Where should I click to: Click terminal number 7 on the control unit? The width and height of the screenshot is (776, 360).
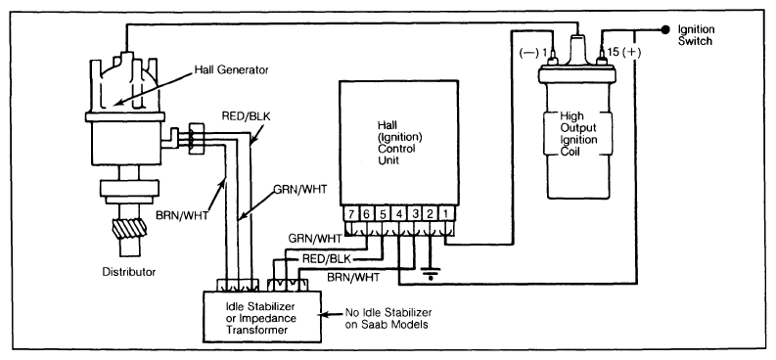coord(351,214)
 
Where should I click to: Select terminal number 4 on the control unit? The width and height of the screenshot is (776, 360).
coord(399,214)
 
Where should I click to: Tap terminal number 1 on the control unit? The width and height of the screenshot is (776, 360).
coord(446,214)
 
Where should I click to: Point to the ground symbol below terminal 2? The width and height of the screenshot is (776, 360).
coord(431,273)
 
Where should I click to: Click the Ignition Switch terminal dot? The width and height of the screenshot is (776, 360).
coord(666,29)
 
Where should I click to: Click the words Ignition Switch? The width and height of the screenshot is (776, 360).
coord(696,35)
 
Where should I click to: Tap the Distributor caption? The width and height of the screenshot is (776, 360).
coord(128,272)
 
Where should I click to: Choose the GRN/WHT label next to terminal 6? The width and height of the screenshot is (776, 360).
coord(315,239)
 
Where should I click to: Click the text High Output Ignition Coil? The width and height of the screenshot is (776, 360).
coord(578,134)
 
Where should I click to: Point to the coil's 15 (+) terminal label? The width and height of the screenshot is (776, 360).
coord(623,52)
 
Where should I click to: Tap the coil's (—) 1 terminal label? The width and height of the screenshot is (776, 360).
coord(532,52)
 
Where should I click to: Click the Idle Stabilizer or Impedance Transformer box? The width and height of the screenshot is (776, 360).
coord(262,316)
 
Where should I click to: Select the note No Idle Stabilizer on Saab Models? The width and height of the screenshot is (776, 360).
coord(388,319)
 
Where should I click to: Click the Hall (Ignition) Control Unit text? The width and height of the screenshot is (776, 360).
coord(395,143)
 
